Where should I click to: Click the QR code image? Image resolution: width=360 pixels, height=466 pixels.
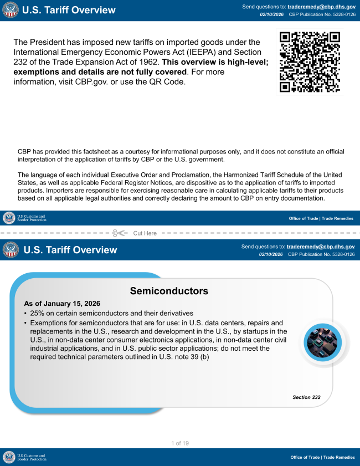point(309,62)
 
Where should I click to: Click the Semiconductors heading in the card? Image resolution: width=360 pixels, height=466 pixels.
point(169,291)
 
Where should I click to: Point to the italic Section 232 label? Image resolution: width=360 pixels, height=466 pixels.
point(306,397)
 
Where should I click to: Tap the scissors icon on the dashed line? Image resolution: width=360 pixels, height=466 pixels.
point(119,233)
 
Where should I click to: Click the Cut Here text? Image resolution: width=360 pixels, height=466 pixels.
point(145,233)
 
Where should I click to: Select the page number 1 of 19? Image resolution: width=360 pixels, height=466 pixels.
point(180,443)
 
